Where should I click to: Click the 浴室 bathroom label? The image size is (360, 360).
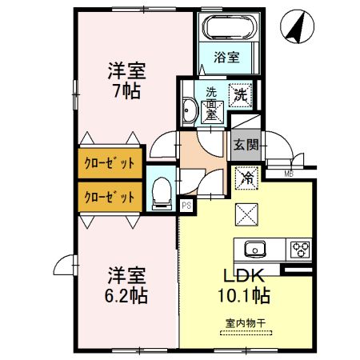(x=227, y=57)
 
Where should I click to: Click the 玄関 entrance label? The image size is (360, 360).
(x=246, y=145)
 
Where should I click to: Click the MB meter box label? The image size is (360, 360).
(x=289, y=173)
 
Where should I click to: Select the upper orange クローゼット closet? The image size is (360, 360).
(x=110, y=163)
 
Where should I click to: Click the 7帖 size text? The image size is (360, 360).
(x=127, y=90)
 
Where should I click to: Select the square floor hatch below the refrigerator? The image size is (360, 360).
(x=245, y=214)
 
